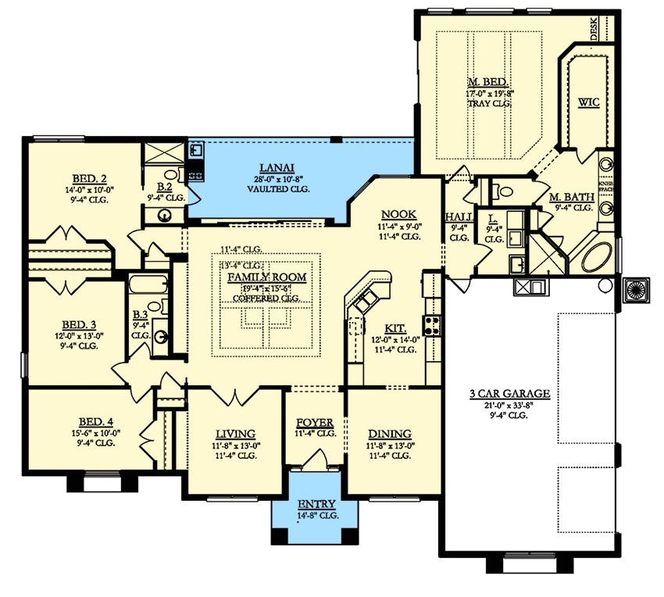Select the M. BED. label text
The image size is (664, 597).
(488, 82)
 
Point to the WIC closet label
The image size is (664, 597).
(588, 102)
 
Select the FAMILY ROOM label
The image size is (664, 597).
(266, 277)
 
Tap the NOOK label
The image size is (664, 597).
(398, 215)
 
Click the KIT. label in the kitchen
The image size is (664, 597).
(394, 329)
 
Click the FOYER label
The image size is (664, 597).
(315, 422)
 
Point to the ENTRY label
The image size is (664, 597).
(316, 504)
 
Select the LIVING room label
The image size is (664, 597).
(235, 434)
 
